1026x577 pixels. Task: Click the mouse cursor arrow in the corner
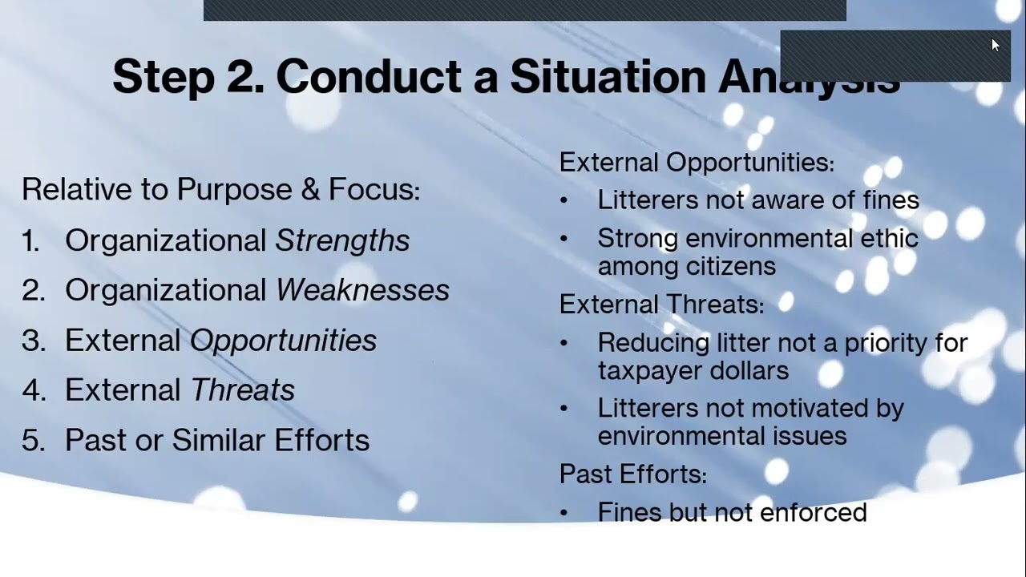point(996,45)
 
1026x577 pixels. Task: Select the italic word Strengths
point(342,240)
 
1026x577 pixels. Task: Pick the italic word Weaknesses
point(362,290)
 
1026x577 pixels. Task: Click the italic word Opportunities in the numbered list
point(283,341)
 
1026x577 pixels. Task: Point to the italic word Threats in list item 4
point(243,390)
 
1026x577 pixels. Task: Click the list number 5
point(32,440)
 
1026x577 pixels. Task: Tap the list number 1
point(30,240)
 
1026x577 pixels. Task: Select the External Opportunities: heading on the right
point(696,163)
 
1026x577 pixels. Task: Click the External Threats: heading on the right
point(661,305)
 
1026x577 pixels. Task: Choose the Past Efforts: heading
point(632,474)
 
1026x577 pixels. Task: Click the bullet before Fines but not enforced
point(564,514)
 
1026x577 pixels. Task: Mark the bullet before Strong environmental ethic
point(564,239)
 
